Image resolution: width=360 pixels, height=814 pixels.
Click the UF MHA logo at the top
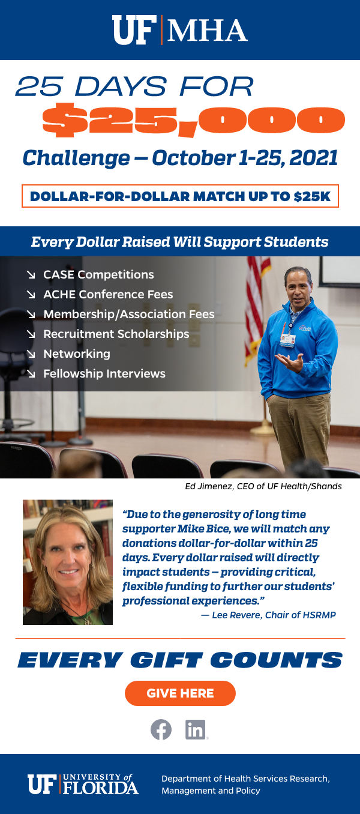180,30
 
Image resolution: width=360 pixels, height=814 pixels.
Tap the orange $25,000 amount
193,120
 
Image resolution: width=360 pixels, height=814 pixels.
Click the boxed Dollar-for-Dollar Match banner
180,196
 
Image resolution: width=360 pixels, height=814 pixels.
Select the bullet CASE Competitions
98,275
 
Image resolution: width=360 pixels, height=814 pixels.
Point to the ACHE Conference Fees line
108,294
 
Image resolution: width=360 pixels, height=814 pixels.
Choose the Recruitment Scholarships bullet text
116,334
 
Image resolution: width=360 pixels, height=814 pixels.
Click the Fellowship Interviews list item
104,373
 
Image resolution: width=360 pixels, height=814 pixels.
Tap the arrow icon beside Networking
31,354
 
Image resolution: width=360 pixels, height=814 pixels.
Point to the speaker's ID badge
287,340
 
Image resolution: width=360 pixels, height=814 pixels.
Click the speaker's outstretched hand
290,362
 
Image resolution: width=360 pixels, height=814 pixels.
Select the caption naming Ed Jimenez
263,486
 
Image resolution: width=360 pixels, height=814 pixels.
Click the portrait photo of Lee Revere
68,562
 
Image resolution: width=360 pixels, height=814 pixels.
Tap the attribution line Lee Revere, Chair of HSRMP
268,615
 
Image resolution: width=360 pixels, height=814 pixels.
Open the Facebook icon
161,729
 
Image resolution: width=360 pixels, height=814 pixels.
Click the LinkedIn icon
196,729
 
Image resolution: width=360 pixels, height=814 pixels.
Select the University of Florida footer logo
83,784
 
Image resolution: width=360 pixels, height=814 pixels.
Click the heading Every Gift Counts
180,660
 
